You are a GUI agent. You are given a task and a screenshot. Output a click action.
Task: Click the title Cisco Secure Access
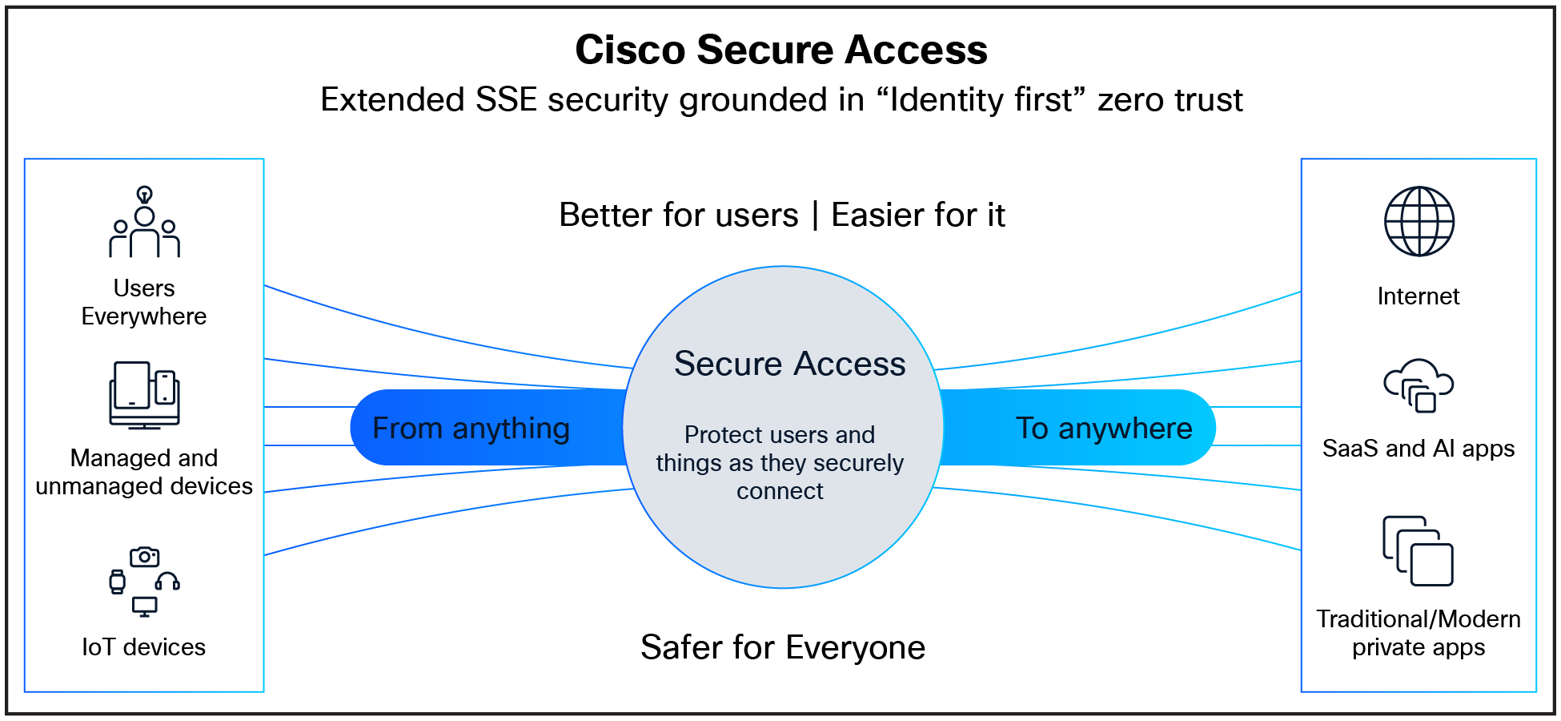point(781,50)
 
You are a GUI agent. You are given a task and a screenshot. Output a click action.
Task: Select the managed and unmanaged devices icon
point(144,395)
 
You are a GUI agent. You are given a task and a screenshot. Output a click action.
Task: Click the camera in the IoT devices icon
point(144,557)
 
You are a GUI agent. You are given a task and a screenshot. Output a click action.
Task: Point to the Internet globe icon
point(1419,222)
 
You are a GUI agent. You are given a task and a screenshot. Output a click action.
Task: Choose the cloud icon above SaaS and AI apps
point(1419,385)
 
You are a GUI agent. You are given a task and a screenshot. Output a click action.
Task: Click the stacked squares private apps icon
point(1419,551)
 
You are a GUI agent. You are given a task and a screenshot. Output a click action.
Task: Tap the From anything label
point(471,429)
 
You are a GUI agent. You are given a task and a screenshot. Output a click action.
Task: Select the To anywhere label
point(1104,429)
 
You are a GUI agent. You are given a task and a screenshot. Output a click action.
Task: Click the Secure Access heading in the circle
point(789,365)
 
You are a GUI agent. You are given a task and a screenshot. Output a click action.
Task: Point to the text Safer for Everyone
point(782,647)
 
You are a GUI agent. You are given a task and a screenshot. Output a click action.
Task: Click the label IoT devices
point(144,647)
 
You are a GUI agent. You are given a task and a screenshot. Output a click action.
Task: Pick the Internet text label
point(1419,296)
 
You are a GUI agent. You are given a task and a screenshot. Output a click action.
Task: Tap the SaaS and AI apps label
point(1419,449)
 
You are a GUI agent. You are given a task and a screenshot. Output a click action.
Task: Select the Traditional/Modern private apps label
point(1419,633)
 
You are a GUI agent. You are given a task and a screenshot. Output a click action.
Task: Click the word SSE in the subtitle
point(506,100)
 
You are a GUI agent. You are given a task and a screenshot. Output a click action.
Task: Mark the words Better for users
point(679,215)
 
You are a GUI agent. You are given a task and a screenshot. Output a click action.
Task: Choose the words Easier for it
point(918,215)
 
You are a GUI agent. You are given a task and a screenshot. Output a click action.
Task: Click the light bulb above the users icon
point(144,195)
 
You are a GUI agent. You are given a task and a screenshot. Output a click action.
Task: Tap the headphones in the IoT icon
point(167,581)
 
